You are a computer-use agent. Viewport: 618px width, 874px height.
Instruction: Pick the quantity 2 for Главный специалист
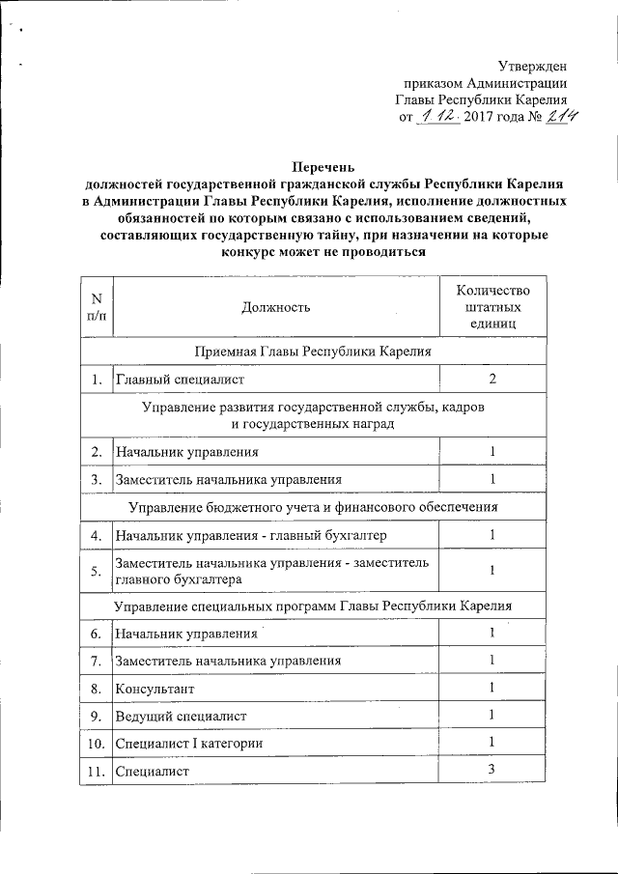(x=492, y=379)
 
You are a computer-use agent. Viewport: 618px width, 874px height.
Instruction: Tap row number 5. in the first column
(x=97, y=571)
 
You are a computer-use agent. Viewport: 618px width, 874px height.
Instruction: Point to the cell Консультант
(x=154, y=689)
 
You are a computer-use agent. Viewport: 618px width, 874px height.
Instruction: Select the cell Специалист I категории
(x=188, y=743)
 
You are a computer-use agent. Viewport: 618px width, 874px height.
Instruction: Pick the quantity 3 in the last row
(x=492, y=769)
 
